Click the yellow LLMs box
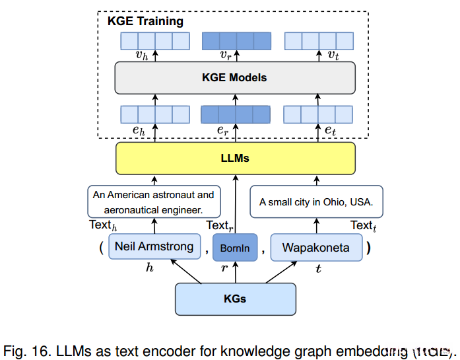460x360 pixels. click(235, 159)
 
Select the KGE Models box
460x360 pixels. click(235, 78)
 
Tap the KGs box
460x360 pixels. click(235, 299)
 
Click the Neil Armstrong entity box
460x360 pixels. click(154, 247)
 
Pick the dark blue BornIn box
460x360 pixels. click(235, 248)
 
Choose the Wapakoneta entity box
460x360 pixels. click(315, 248)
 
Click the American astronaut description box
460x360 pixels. click(154, 201)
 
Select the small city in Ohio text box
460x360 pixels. click(316, 202)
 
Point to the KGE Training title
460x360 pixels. click(145, 21)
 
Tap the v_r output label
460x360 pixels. click(226, 55)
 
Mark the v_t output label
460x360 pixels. click(334, 55)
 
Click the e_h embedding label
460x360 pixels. click(138, 131)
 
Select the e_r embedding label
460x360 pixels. click(222, 131)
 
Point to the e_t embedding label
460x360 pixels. click(330, 131)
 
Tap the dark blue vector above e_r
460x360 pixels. click(236, 114)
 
